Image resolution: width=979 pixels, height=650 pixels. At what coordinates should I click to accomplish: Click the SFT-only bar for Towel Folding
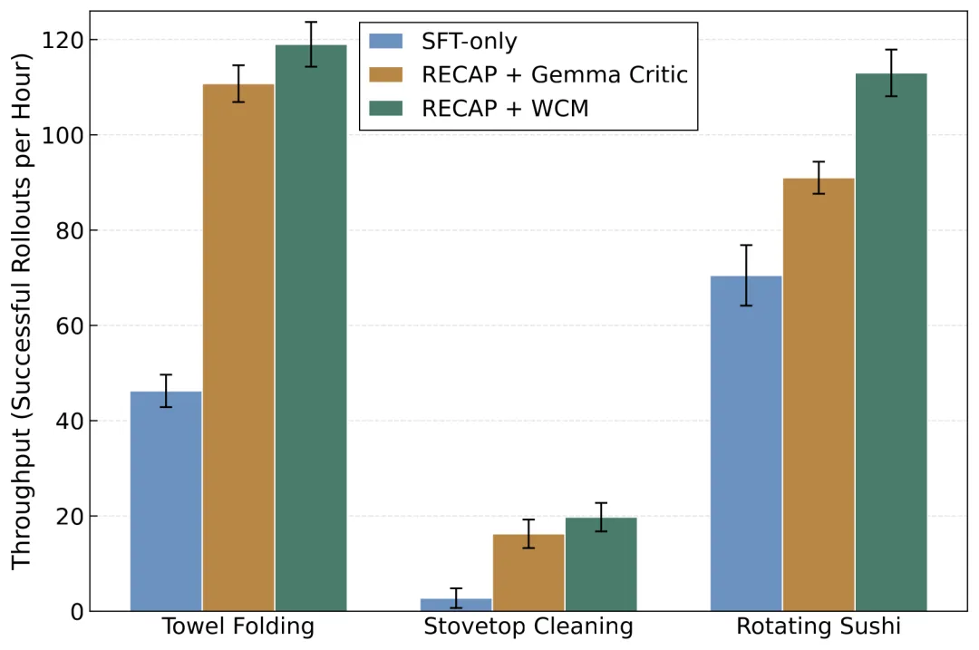(x=166, y=501)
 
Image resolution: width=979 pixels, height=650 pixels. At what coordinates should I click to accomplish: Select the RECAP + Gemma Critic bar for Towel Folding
(x=238, y=348)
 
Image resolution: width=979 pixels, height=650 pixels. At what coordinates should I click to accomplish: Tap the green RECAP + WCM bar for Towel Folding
(x=311, y=328)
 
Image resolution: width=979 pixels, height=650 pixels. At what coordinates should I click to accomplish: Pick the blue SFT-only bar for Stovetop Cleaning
(x=456, y=605)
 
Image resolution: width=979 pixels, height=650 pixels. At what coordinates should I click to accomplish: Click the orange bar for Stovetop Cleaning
(x=528, y=573)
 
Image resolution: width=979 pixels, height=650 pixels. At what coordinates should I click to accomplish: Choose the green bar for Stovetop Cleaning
(x=601, y=565)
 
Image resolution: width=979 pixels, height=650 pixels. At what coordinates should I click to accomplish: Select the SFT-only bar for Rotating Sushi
(x=746, y=443)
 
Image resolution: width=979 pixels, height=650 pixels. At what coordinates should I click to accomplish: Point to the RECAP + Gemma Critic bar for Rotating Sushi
(x=819, y=394)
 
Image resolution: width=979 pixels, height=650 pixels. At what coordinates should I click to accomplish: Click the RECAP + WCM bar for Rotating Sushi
(x=891, y=342)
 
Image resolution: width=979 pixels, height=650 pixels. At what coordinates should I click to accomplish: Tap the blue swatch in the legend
(x=386, y=41)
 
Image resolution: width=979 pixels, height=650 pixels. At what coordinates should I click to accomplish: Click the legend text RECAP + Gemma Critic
(x=555, y=75)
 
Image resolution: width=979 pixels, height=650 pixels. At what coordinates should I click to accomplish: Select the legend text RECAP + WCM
(x=505, y=109)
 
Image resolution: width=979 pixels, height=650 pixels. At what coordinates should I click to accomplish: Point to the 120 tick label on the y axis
(x=62, y=41)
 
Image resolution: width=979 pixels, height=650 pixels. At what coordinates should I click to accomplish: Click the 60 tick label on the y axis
(x=69, y=326)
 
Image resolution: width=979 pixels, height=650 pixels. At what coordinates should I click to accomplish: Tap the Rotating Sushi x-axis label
(x=819, y=626)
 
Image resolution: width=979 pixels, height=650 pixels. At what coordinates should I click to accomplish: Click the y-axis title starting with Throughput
(x=21, y=311)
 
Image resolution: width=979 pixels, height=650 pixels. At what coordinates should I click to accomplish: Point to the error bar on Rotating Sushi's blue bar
(x=746, y=276)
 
